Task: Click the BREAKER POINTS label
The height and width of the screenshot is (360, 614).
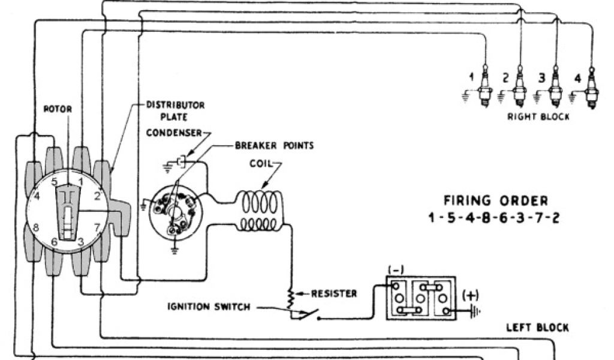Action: (x=274, y=145)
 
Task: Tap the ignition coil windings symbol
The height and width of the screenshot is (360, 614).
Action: (x=262, y=211)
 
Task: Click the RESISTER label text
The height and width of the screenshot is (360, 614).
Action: (x=335, y=293)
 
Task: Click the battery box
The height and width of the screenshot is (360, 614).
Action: (x=420, y=298)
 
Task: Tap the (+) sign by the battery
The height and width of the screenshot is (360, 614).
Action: (x=470, y=295)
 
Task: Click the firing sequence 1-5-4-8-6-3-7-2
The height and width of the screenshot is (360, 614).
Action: (x=495, y=217)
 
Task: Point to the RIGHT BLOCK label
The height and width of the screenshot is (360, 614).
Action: (x=538, y=117)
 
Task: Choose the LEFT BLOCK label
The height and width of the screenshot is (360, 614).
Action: (x=537, y=328)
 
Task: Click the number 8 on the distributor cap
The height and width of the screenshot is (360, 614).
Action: (x=35, y=227)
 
